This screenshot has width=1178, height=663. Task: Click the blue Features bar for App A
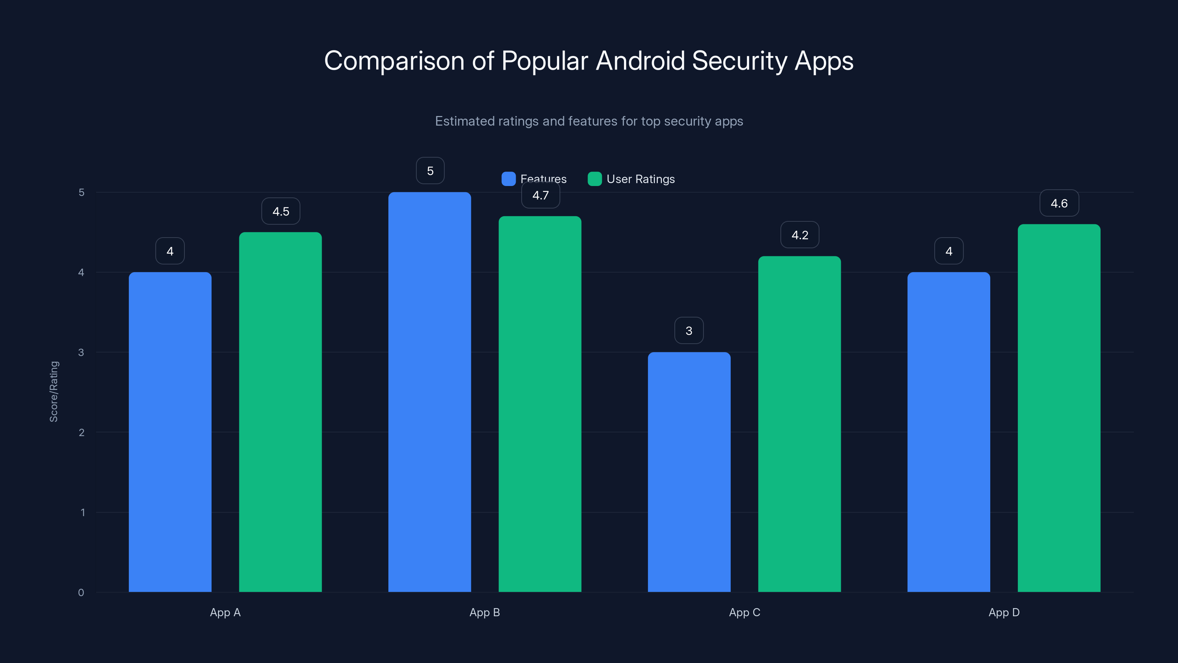(170, 432)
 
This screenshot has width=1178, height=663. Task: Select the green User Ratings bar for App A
(280, 412)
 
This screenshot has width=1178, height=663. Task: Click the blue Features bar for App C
(689, 472)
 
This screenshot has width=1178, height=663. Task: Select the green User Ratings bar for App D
(1059, 408)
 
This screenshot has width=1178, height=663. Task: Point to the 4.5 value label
(281, 211)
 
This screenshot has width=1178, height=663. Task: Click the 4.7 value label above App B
(540, 195)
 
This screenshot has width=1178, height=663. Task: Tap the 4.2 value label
(800, 235)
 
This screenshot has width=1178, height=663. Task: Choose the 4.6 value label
(1059, 204)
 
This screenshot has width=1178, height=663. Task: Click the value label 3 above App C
(689, 331)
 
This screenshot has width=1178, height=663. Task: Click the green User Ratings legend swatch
(595, 179)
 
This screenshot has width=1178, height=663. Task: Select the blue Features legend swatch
(508, 179)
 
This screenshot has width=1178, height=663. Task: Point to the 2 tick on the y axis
(81, 432)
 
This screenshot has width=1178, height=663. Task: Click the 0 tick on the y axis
(81, 593)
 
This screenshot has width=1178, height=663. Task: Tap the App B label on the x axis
(485, 612)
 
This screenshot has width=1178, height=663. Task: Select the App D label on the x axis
(1004, 612)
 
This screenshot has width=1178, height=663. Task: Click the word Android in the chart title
(640, 61)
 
